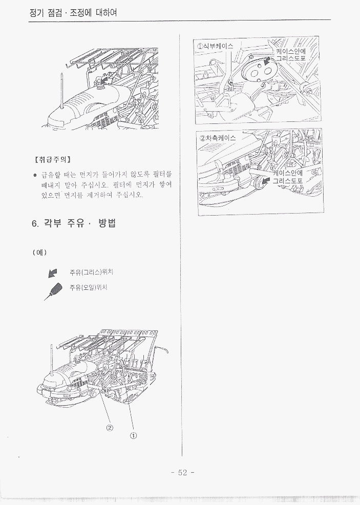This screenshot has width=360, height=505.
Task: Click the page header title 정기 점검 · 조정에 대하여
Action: (x=73, y=13)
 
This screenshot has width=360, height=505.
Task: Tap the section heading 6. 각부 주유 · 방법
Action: (x=74, y=223)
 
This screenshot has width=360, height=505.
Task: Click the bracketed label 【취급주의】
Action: (x=52, y=159)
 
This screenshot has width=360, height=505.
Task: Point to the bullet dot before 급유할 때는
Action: (x=35, y=176)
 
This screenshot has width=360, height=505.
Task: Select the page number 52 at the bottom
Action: (x=182, y=472)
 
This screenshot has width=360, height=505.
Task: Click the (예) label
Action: (x=39, y=252)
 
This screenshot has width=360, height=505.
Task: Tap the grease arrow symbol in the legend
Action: (x=52, y=273)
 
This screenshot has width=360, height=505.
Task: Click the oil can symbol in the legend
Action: (x=53, y=291)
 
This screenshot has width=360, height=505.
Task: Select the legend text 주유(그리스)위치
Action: (x=92, y=272)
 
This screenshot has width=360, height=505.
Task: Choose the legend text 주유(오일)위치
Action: (x=88, y=287)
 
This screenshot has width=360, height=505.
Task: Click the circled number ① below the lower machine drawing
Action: (x=133, y=435)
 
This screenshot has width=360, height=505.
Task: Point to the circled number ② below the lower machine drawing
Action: (x=110, y=427)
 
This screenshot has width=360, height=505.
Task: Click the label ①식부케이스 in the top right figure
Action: (x=215, y=46)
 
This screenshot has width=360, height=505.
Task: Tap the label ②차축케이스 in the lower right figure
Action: (x=218, y=138)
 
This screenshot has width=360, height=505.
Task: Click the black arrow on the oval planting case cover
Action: (x=266, y=60)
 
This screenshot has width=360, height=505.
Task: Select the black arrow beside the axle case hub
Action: (x=266, y=181)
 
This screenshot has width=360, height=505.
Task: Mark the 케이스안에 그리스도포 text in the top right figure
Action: (x=291, y=55)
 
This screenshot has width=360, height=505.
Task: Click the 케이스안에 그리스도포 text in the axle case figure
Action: (x=288, y=177)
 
